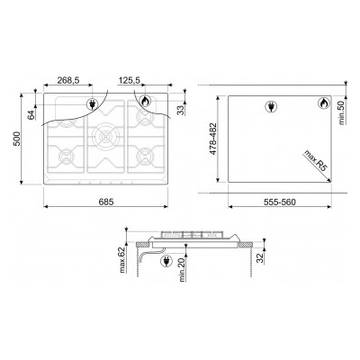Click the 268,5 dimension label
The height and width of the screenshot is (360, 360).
(67, 80)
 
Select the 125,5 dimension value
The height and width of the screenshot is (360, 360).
(130, 80)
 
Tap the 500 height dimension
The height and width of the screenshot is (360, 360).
(17, 139)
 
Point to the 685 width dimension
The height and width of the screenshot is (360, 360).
(106, 202)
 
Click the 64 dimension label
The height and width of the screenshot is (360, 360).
(31, 115)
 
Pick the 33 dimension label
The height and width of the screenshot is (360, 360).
(181, 110)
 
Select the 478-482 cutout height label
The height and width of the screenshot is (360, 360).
(212, 139)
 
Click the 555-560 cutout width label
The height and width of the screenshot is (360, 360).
(280, 202)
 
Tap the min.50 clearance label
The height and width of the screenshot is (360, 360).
(342, 112)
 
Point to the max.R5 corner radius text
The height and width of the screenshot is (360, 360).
(315, 160)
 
